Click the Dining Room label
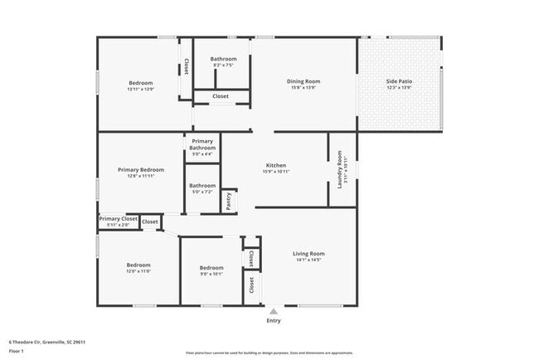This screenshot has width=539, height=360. click(x=303, y=81)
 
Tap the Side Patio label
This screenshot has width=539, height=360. click(x=399, y=81)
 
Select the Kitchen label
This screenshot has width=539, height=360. click(x=276, y=165)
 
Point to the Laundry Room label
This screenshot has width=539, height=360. click(x=340, y=168)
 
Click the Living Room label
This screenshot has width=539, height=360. click(x=308, y=254)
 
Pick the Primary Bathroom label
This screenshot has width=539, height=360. click(x=203, y=144)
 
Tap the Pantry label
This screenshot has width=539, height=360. click(x=229, y=201)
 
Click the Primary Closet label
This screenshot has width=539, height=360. click(x=118, y=219)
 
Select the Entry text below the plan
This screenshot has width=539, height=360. click(x=273, y=320)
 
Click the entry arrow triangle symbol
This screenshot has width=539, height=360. click(x=273, y=311)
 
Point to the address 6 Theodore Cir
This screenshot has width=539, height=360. click(x=47, y=341)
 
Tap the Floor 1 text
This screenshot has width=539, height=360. click(x=15, y=351)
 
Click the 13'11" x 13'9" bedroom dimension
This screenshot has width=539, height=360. click(x=140, y=88)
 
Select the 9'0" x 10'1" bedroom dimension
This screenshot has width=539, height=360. click(x=211, y=273)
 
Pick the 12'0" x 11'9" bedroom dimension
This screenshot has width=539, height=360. click(x=138, y=270)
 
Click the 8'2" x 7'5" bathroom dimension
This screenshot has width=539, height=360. click(x=223, y=64)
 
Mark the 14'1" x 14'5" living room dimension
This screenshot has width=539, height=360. click(x=308, y=260)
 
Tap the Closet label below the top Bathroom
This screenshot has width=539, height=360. click(x=221, y=96)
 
